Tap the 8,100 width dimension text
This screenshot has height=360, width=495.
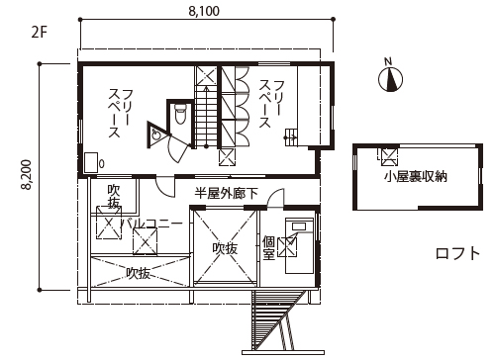point(202,12)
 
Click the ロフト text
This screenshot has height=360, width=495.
point(458,254)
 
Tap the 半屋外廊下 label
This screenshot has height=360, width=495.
point(225,194)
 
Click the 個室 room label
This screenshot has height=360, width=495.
point(268,247)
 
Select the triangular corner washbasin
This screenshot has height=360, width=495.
point(157,135)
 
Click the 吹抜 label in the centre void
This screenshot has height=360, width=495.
point(225,249)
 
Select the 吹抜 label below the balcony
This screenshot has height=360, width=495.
point(138,273)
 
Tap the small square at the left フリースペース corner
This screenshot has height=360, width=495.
point(91,162)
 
